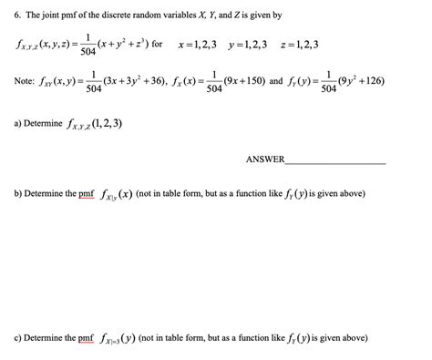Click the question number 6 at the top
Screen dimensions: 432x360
tap(7, 15)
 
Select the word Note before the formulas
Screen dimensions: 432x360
tap(19, 82)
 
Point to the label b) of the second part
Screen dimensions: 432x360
tap(11, 194)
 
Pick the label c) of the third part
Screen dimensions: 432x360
tap(11, 338)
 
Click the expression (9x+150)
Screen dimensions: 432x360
tap(244, 81)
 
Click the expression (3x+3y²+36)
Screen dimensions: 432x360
tap(136, 81)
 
